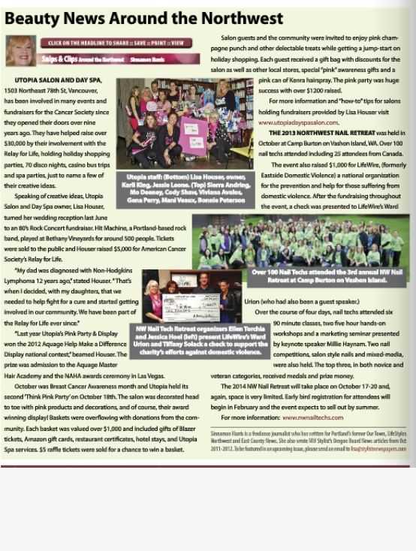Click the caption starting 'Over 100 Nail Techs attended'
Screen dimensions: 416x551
[328, 275]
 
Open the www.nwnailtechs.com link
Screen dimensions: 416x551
[313, 417]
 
